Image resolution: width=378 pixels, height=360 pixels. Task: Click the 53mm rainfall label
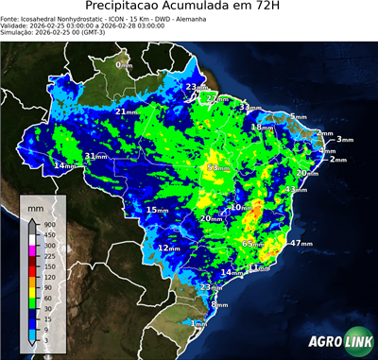point(218,167)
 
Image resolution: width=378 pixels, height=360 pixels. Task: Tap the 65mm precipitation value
point(254,244)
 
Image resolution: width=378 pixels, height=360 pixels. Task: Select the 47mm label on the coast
point(301,243)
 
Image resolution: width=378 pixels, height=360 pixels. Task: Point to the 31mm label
point(96,156)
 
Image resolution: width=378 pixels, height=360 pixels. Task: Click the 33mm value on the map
point(249,108)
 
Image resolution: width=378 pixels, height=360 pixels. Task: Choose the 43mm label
point(296,190)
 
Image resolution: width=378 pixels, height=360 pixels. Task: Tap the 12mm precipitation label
point(169,248)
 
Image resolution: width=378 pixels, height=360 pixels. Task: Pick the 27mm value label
point(218,99)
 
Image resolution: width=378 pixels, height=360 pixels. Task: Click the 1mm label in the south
point(199,322)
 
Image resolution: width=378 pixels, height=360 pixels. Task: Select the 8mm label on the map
point(220,304)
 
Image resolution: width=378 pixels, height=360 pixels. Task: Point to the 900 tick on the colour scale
point(49,224)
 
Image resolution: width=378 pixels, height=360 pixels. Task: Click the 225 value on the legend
point(49,256)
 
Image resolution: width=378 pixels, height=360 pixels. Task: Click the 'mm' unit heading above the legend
point(36,205)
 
